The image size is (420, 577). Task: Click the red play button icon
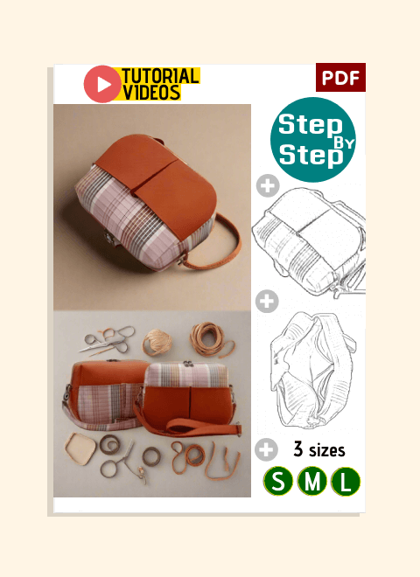pos(102,84)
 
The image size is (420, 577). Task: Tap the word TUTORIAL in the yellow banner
pos(160,76)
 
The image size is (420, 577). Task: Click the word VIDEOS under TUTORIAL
pos(151,92)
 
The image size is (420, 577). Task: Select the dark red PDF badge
pos(340,77)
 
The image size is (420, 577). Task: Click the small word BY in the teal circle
pos(343,143)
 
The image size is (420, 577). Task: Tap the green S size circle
pos(278,481)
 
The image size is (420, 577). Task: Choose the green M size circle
pos(311,481)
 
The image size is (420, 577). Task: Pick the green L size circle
pos(346,482)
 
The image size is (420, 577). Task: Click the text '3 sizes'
pos(319,449)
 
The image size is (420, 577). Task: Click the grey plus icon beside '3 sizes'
pos(266,449)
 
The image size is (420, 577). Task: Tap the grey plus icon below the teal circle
pos(268,185)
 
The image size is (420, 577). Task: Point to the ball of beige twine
pos(157,342)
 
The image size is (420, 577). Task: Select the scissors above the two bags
pos(107,340)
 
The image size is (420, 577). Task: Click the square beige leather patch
pos(80,448)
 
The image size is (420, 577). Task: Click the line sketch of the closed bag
pos(309,241)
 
